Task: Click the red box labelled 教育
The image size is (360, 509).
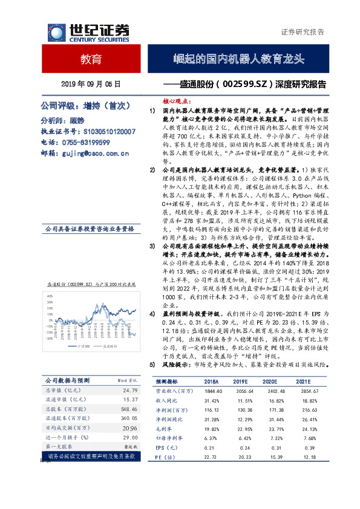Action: point(91,60)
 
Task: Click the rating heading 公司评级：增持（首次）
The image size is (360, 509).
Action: point(85,105)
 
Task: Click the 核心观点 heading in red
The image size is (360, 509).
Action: point(177,103)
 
